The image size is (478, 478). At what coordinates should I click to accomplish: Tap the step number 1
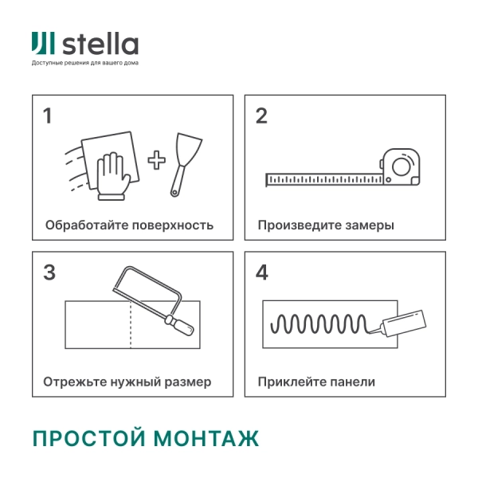pos(48,116)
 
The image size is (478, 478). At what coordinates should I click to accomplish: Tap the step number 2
pos(261,116)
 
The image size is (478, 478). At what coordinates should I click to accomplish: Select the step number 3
pos(49,272)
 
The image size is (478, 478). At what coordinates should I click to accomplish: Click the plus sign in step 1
pos(157,161)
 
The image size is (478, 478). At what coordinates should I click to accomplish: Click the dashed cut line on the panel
pos(130,325)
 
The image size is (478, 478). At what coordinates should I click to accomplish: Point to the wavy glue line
pos(319,323)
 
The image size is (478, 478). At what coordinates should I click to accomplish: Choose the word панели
pos(354,382)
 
